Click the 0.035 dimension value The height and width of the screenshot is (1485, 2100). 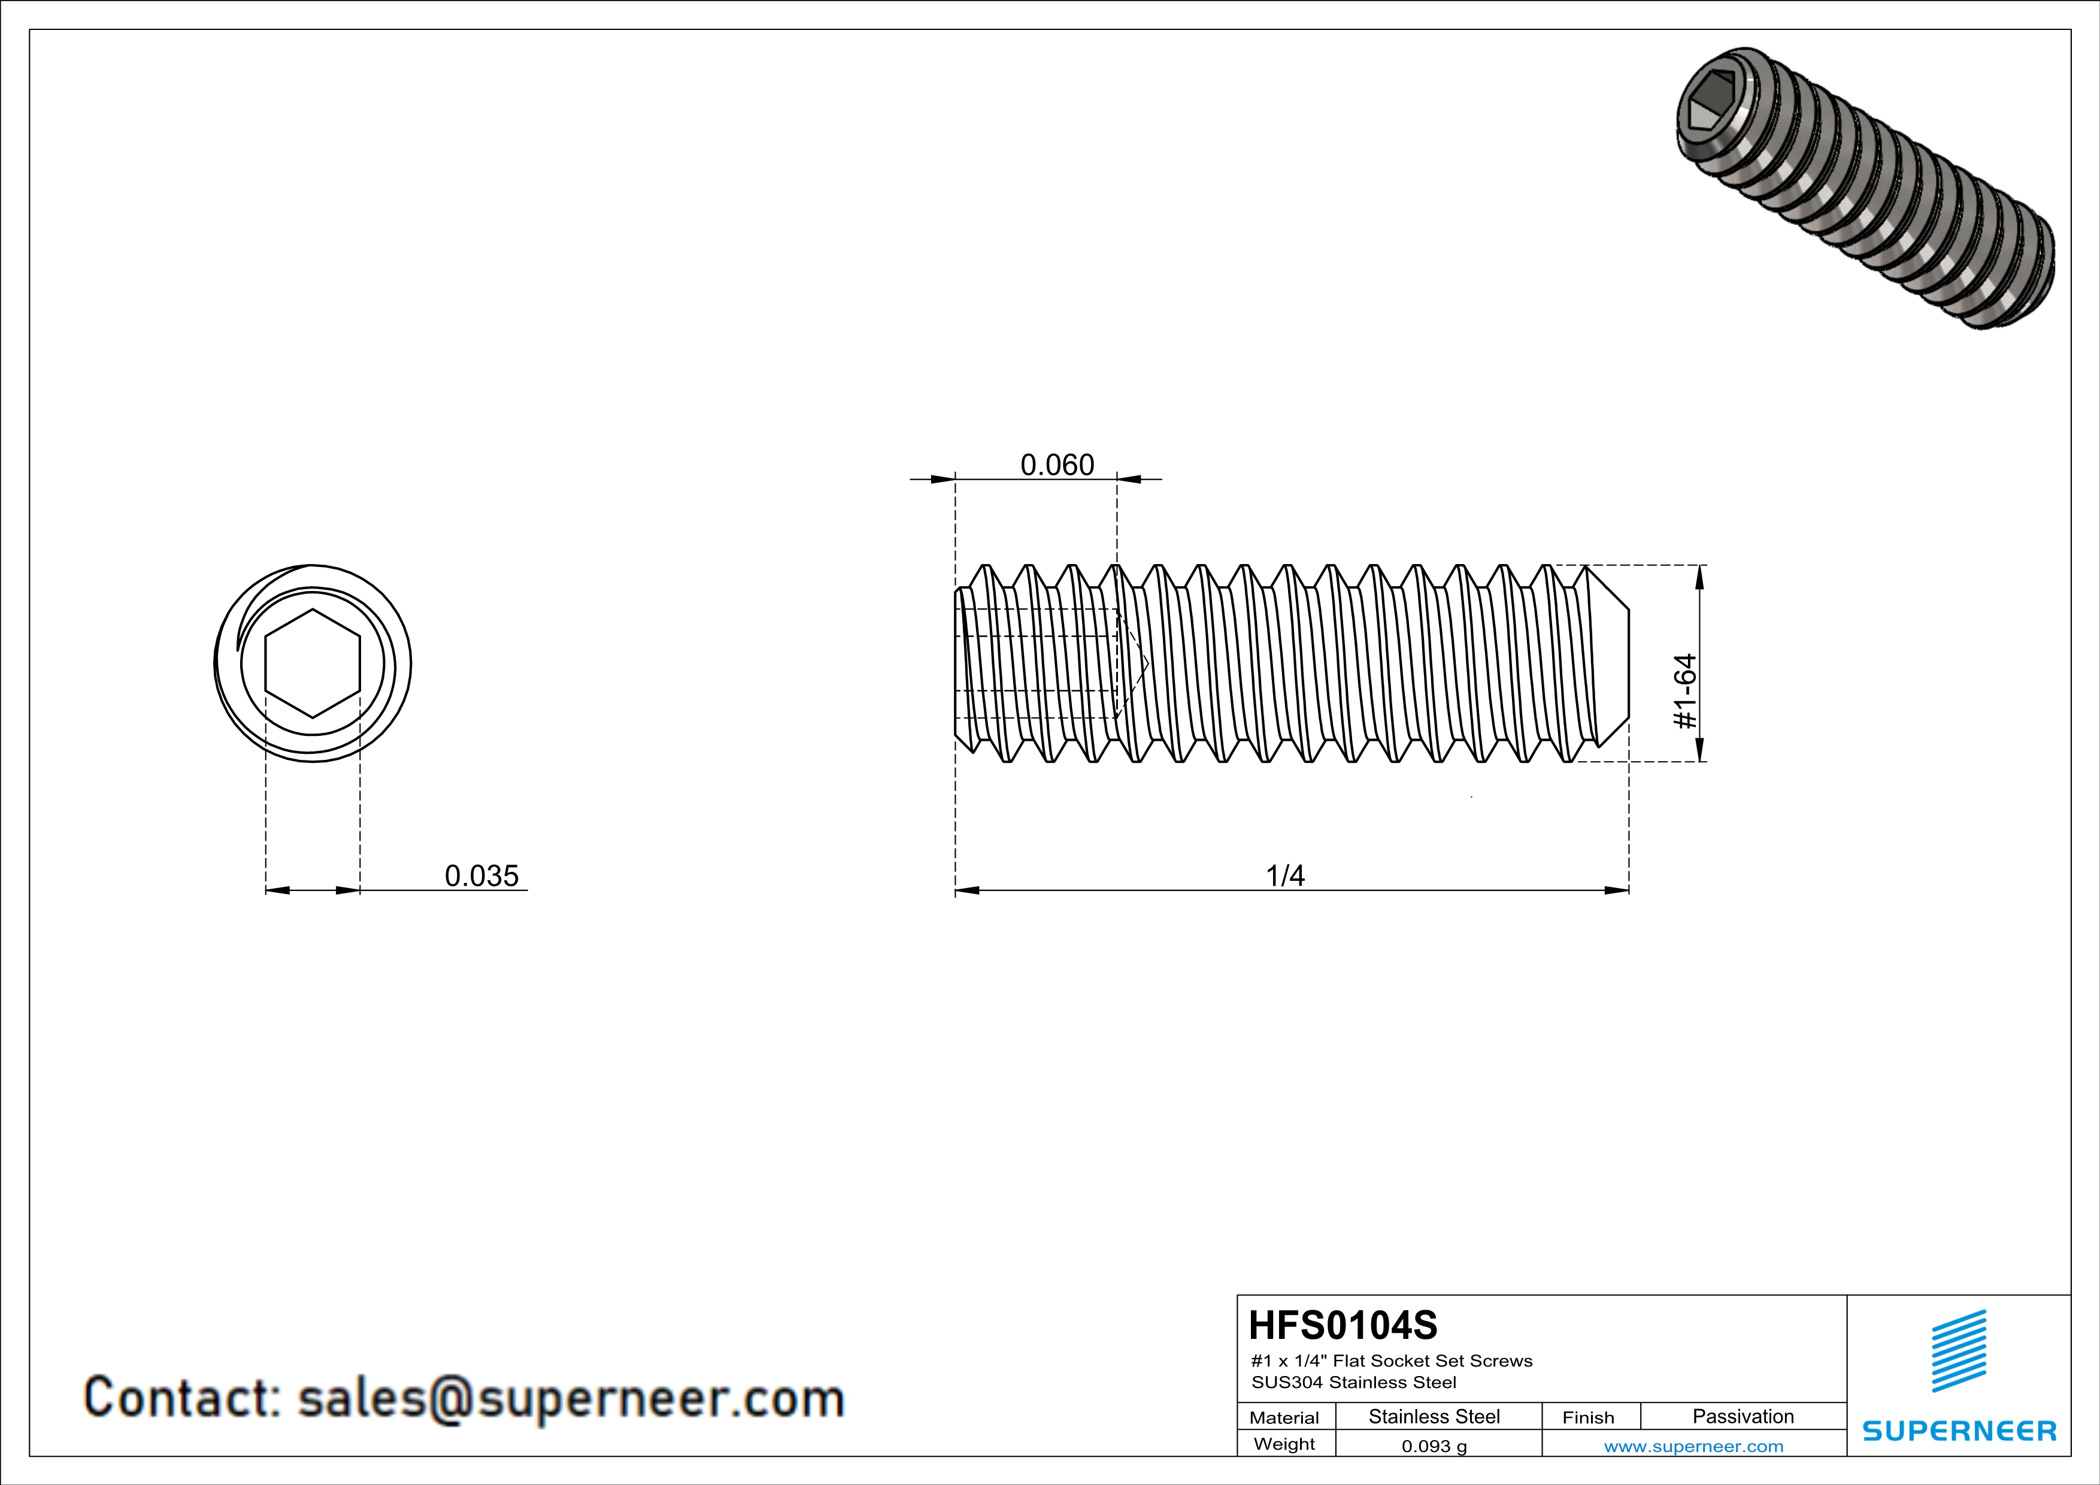pyautogui.click(x=481, y=876)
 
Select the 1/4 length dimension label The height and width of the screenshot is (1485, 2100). pyautogui.click(x=1284, y=876)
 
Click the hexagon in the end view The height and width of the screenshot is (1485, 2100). pyautogui.click(x=313, y=663)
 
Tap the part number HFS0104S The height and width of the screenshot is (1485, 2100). pyautogui.click(x=1343, y=1325)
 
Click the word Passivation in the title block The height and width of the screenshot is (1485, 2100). pyautogui.click(x=1743, y=1416)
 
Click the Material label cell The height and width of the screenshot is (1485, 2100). pyautogui.click(x=1284, y=1417)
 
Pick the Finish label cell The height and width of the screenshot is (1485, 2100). pyautogui.click(x=1588, y=1417)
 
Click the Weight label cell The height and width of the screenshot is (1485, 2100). pyautogui.click(x=1284, y=1444)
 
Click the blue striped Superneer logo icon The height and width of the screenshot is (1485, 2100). pyautogui.click(x=1958, y=1351)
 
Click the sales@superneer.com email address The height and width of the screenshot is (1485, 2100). pyautogui.click(x=571, y=1399)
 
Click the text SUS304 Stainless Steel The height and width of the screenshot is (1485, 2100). pyautogui.click(x=1354, y=1383)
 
